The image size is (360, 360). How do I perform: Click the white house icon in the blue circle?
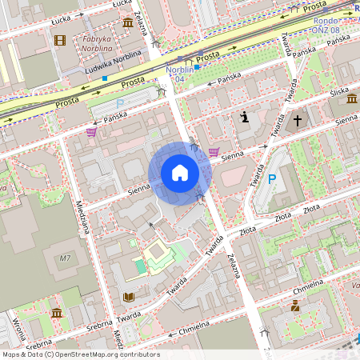(x=180, y=173)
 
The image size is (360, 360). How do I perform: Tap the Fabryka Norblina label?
(x=97, y=42)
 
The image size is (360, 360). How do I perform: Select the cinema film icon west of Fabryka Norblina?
(x=60, y=40)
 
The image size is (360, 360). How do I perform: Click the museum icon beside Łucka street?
(x=128, y=22)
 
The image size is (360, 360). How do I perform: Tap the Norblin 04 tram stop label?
(x=179, y=74)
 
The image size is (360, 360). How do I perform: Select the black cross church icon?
(x=297, y=121)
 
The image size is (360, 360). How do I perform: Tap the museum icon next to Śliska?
(x=352, y=98)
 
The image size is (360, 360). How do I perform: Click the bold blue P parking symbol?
(x=272, y=179)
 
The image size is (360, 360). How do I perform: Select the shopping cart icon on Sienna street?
(x=214, y=151)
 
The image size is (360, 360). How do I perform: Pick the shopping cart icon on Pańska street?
(x=91, y=132)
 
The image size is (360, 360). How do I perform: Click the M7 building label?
(x=66, y=258)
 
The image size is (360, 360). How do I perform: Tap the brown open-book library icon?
(x=128, y=297)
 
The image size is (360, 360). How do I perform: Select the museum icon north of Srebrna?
(x=57, y=313)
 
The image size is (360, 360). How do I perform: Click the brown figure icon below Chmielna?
(x=295, y=306)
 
